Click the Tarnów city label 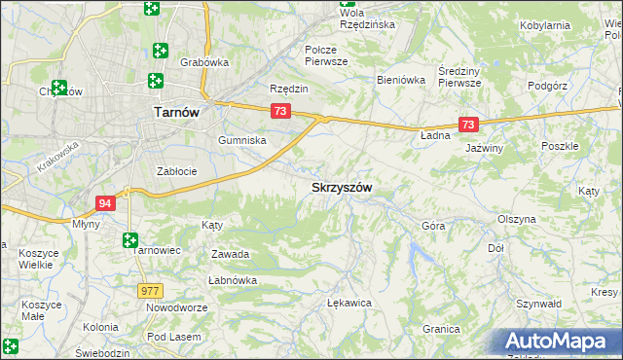176,112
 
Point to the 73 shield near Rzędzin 280,111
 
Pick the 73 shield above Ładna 469,125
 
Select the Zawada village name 231,254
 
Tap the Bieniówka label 401,81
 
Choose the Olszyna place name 516,219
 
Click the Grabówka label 204,62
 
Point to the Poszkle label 560,146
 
